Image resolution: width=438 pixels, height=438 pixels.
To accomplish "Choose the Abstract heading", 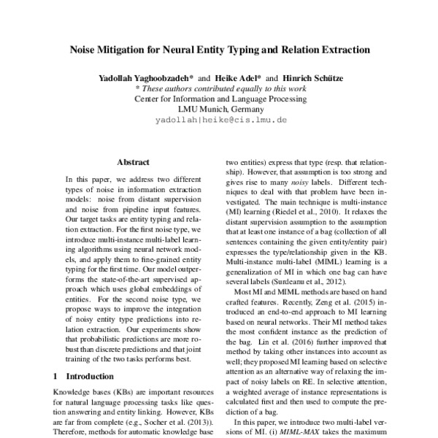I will tap(133, 163).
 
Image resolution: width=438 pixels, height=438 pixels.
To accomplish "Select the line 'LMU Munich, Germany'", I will tap(220, 107).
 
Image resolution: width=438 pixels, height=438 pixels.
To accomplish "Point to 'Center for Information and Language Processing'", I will tap(220, 96).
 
